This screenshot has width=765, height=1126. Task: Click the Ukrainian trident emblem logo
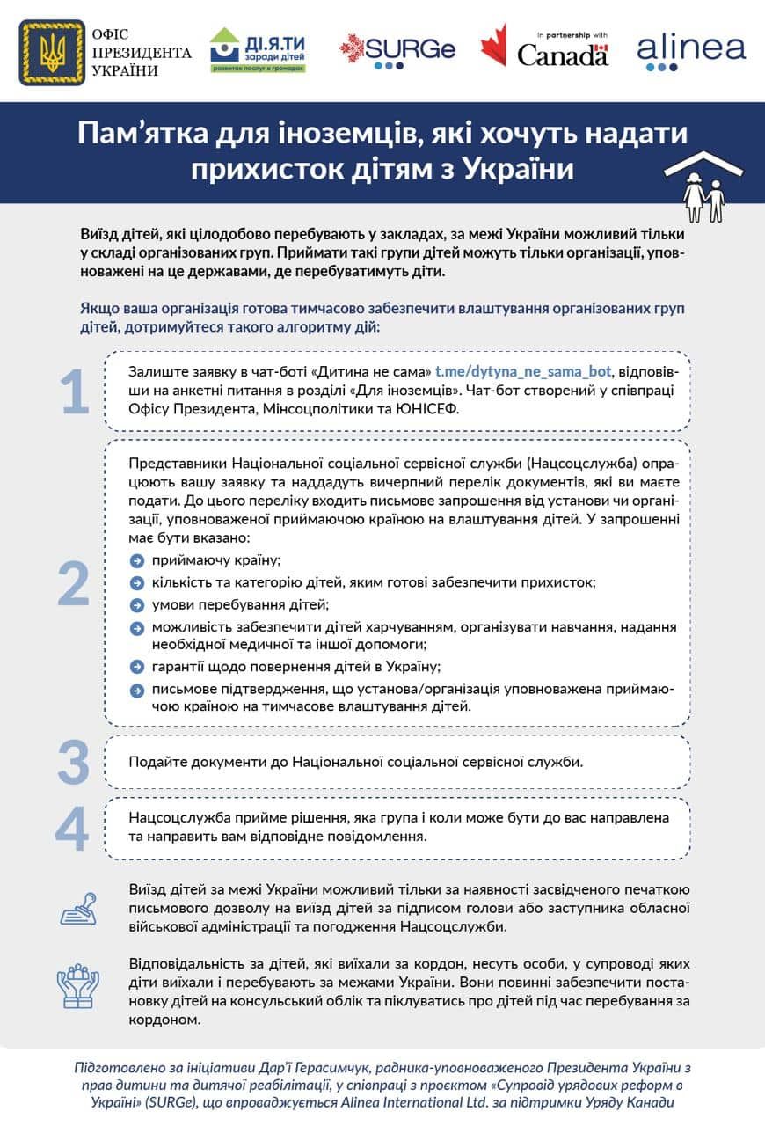tap(52, 53)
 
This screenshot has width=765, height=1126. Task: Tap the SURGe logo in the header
tap(397, 50)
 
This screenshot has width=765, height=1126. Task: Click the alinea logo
tap(691, 51)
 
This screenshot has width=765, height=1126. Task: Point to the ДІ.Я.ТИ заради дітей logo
tap(258, 51)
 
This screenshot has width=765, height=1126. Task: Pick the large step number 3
tap(74, 762)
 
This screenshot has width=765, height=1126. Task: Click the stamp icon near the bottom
tap(78, 908)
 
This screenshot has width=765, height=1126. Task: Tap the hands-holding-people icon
tap(78, 986)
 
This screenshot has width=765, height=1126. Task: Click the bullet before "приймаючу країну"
tap(136, 561)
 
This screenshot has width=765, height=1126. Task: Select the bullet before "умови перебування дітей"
tap(136, 605)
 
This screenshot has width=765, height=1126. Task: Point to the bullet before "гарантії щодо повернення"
tap(136, 667)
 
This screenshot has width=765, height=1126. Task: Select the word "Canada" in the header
tap(563, 55)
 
